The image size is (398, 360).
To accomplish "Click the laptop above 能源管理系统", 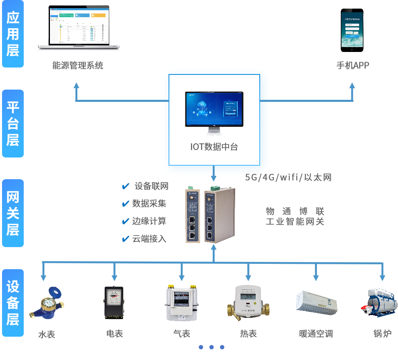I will pos(79,28).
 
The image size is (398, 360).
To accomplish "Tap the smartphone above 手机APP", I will pos(352,30).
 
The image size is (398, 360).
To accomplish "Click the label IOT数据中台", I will pos(214,147).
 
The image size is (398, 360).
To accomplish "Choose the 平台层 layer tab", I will pos(13,124).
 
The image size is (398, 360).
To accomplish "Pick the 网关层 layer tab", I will pos(13,213).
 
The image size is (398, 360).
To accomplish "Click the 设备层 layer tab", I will pos(13,303).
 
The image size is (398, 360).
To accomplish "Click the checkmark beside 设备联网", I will pos(126,187).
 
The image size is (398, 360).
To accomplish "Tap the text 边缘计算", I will pos(149,221).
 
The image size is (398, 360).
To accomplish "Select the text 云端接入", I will pos(149,239).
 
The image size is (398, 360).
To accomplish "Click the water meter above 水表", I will pos(47,304).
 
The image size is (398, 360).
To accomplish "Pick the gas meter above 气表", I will pos(182,303).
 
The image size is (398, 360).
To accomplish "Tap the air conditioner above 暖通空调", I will pos(317,303).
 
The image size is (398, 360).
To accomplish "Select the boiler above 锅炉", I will pos(379,302).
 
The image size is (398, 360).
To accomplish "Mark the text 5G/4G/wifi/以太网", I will pos(288,177).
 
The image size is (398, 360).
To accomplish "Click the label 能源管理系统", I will pos(78,65).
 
